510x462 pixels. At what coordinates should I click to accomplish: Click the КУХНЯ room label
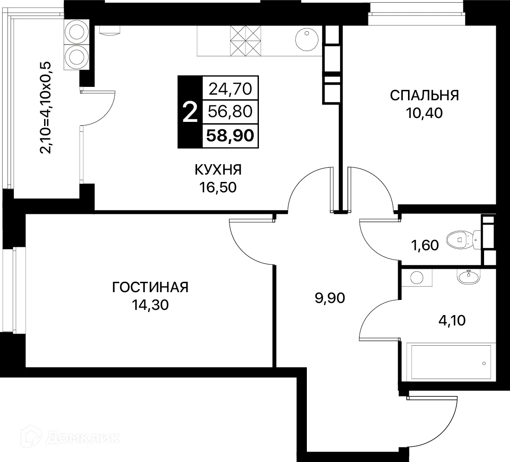tap(218, 170)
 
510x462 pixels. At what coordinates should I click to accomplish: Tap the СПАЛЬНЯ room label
tap(424, 95)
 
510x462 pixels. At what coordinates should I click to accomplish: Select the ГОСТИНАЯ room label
tap(150, 287)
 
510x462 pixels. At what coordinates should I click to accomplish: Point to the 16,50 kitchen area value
tap(218, 188)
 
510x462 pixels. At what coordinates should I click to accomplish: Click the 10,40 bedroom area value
tap(424, 113)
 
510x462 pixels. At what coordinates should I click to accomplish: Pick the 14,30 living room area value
tap(150, 305)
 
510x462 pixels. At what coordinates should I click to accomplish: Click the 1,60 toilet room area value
tap(424, 245)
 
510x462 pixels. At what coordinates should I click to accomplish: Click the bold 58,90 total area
tap(230, 136)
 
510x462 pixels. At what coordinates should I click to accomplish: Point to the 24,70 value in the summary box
tap(230, 89)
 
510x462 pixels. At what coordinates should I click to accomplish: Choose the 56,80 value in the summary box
tap(230, 112)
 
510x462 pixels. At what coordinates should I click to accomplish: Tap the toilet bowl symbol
tap(461, 238)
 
